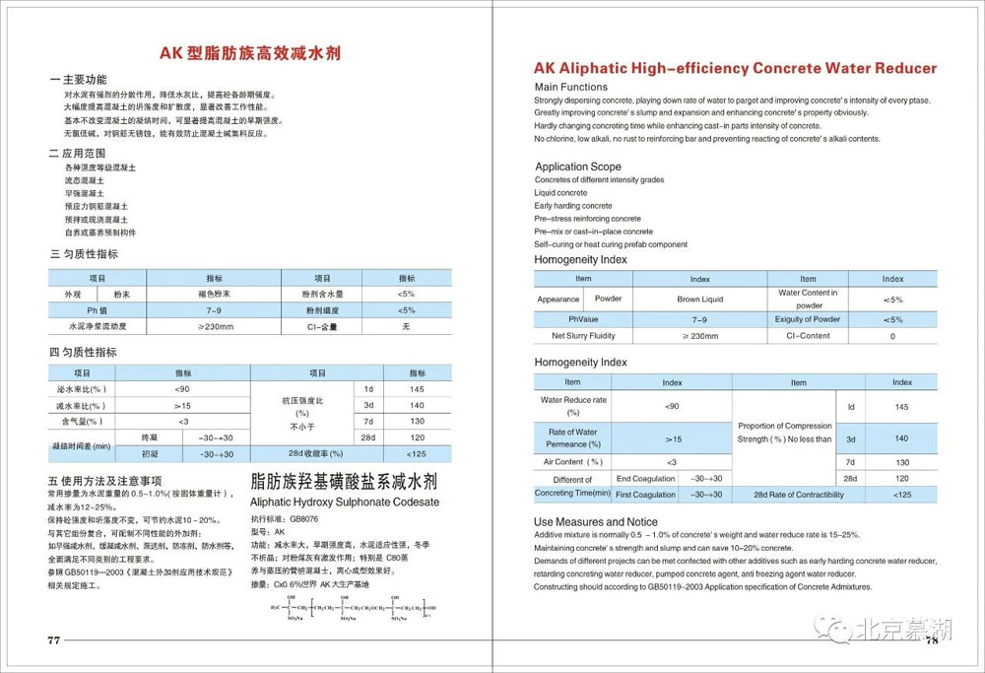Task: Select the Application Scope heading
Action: tap(577, 167)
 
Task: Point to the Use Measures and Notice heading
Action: tap(596, 521)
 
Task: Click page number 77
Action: tap(54, 639)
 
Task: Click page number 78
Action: tap(931, 640)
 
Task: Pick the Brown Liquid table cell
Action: tap(700, 299)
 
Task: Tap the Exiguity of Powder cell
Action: tap(808, 319)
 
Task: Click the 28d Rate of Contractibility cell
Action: tap(799, 494)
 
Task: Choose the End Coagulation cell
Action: tap(646, 478)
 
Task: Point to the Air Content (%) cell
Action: tap(568, 461)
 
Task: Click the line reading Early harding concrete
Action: tap(573, 206)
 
